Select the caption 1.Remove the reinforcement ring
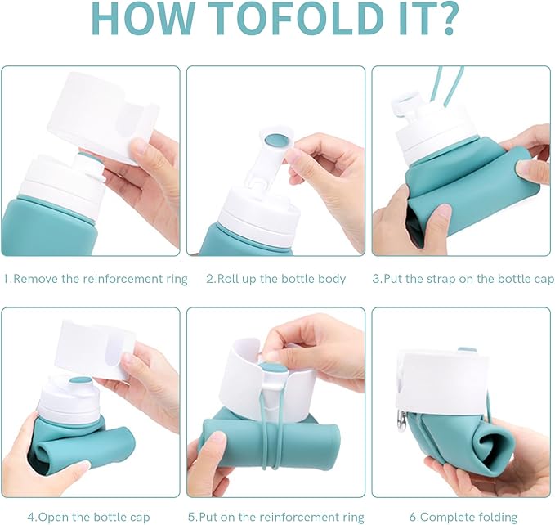[95, 279]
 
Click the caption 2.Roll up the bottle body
[275, 279]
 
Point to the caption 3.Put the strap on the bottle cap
[463, 279]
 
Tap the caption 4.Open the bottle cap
[88, 517]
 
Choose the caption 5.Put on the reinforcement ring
[275, 517]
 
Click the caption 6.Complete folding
[463, 517]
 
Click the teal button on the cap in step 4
[81, 383]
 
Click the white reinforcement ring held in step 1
[103, 119]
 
